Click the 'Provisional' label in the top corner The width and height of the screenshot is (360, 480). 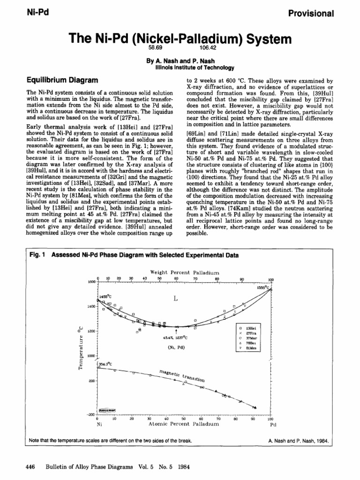point(311,13)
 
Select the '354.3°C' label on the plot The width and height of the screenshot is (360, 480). point(104,363)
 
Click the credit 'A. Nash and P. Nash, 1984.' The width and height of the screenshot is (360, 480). point(299,441)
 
